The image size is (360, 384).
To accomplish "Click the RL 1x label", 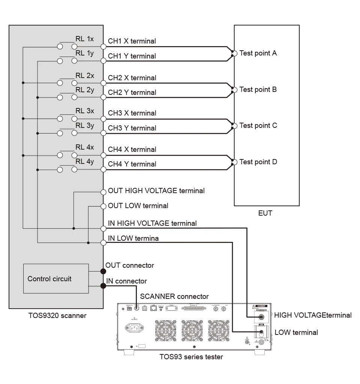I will [x=85, y=39].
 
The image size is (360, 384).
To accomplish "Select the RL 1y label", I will [x=85, y=53].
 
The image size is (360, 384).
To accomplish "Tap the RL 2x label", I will [x=85, y=75].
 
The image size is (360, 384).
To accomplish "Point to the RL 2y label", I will [x=85, y=90].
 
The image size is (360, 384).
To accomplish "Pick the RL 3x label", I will [x=85, y=111].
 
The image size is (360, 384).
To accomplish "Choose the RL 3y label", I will [x=85, y=125].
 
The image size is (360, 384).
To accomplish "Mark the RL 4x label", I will [x=85, y=147].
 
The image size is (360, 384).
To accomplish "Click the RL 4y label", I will [x=85, y=162].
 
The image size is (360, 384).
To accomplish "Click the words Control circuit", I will [x=49, y=279].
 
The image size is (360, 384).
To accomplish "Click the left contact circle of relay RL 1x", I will [x=60, y=46].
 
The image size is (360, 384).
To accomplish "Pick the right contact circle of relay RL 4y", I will [x=74, y=169].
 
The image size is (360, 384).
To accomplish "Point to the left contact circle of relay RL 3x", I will [x=60, y=118].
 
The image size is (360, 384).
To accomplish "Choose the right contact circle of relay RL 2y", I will [x=74, y=97].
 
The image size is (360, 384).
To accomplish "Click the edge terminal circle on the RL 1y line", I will [x=103, y=61].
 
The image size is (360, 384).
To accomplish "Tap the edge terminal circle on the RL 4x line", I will [x=103, y=155].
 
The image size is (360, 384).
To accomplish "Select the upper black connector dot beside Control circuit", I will [x=103, y=271].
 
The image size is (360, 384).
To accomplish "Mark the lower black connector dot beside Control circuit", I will [x=103, y=286].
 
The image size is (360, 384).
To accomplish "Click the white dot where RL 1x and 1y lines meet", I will [x=235, y=54].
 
